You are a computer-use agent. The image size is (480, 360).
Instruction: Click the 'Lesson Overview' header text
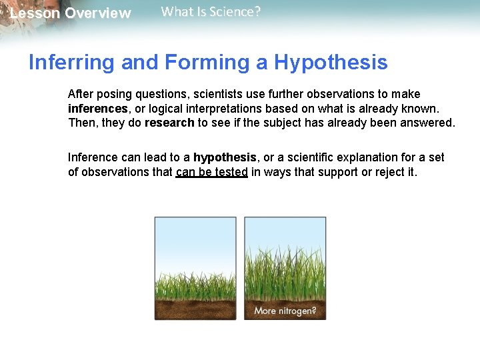[x=71, y=14]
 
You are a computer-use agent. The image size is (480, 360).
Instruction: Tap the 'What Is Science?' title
[x=211, y=11]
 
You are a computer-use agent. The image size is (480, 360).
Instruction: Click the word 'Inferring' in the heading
[x=70, y=63]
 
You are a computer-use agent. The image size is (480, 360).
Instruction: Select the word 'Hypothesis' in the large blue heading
[x=331, y=63]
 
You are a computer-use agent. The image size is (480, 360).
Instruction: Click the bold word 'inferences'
[x=98, y=109]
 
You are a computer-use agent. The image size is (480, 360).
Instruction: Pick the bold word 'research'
[x=169, y=123]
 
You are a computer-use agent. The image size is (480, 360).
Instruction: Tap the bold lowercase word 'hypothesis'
[x=225, y=158]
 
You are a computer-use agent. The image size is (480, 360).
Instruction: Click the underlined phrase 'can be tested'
[x=212, y=172]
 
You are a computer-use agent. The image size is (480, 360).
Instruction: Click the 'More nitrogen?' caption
[x=285, y=311]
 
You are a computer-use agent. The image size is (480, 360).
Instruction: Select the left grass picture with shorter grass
[x=195, y=267]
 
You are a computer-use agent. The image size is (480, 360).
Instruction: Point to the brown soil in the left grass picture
[x=195, y=309]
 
